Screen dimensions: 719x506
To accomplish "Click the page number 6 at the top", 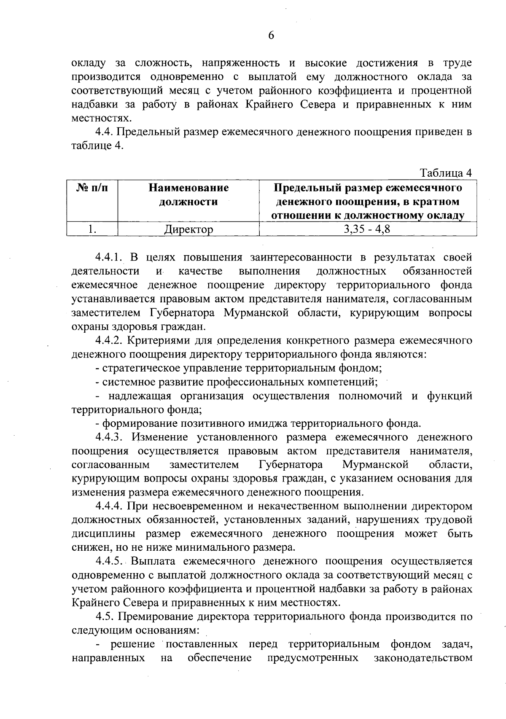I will [271, 35].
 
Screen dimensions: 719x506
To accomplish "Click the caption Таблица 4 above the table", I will [445, 173].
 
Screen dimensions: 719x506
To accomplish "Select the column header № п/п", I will [92, 188].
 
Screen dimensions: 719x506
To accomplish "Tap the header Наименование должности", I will [188, 195].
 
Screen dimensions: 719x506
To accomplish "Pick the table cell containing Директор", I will [188, 229].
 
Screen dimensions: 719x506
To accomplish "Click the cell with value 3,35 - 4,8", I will [367, 229].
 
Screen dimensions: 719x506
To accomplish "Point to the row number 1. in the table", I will [92, 229].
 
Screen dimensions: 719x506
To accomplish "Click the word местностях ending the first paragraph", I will [99, 119].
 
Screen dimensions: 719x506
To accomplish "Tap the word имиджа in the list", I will [270, 423].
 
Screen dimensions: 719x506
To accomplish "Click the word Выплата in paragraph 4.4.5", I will [151, 562].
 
